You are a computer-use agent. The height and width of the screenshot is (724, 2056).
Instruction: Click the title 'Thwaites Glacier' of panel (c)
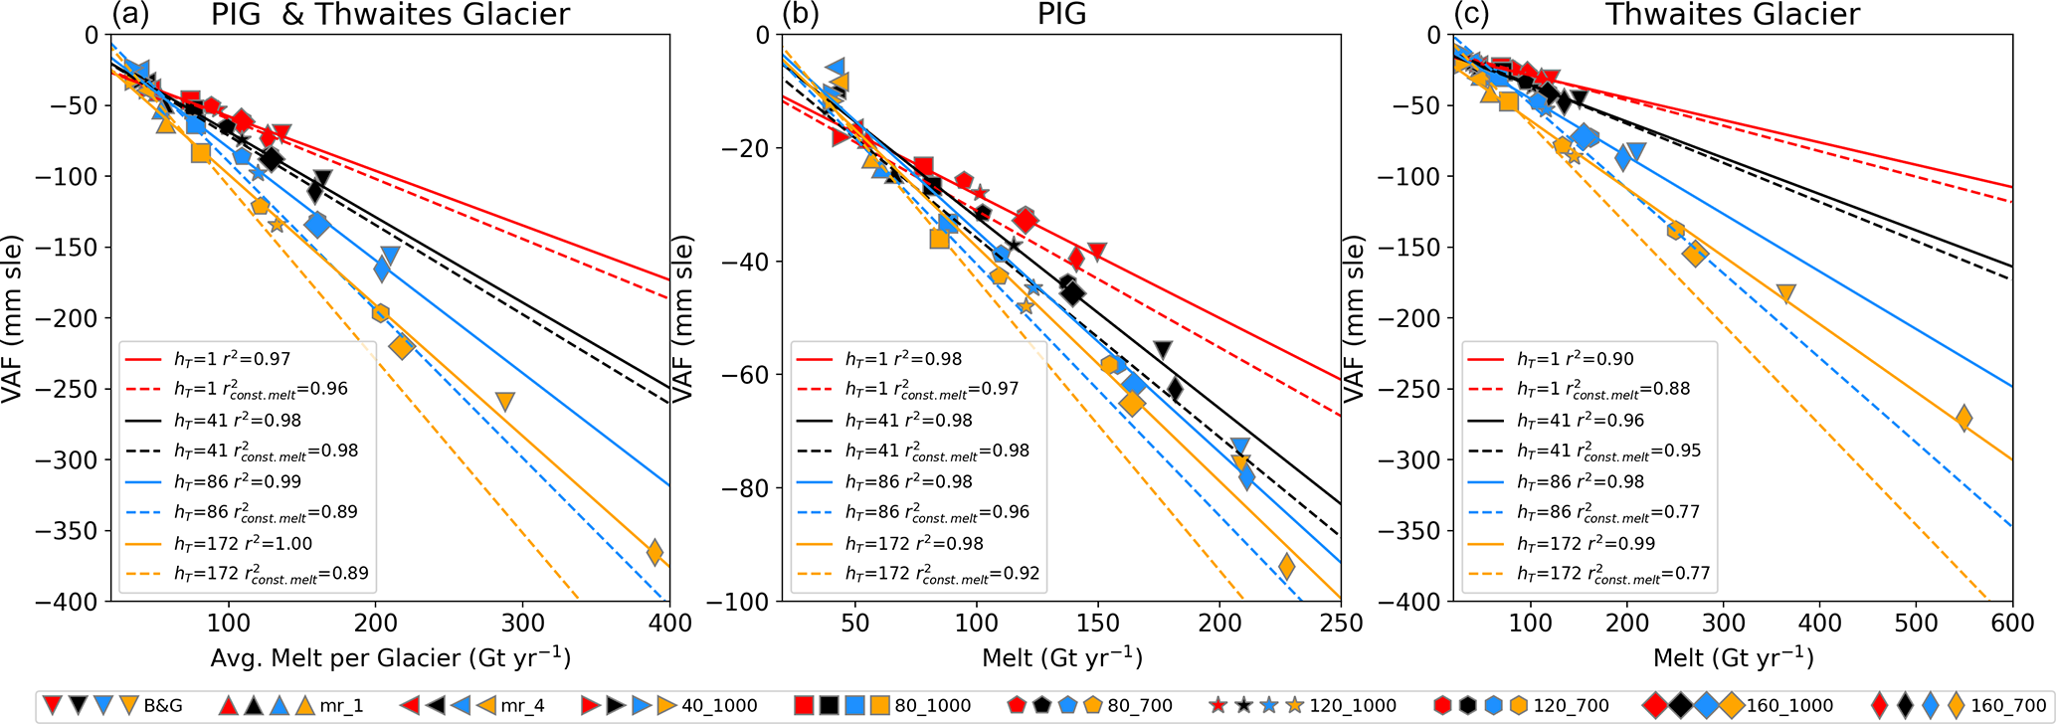[1733, 14]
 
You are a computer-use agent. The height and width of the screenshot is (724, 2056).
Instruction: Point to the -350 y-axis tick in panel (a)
[85, 531]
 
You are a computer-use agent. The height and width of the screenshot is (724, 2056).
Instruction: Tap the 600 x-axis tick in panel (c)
[2013, 623]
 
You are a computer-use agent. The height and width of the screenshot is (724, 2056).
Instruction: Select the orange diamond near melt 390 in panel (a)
[654, 553]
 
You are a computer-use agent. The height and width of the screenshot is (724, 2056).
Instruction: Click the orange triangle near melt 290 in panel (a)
[505, 402]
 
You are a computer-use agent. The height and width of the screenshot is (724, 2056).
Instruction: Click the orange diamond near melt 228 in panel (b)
[1286, 567]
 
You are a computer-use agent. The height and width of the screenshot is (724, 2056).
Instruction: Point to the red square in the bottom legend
[806, 706]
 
